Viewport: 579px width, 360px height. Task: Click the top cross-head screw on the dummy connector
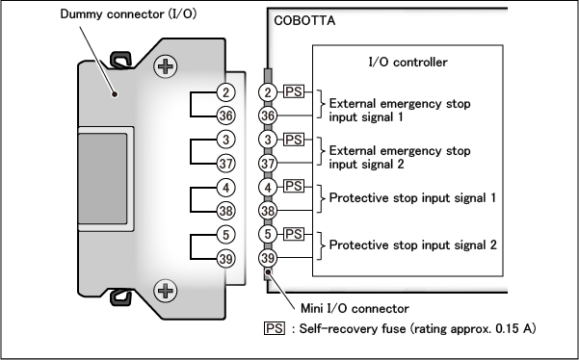point(165,66)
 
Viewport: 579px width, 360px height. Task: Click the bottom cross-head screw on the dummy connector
point(165,291)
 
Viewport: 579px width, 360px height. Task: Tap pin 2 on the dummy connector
point(226,91)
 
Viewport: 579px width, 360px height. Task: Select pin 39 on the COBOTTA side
point(268,258)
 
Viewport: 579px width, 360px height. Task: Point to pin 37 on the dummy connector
point(226,164)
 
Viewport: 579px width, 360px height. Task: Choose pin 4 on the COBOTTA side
point(268,187)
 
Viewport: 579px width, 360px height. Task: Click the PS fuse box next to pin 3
point(294,140)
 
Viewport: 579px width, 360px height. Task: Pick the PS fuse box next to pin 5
point(294,234)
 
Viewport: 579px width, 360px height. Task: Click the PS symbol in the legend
point(275,328)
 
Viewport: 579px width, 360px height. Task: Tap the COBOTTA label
point(304,20)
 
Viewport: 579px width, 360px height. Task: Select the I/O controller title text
point(408,62)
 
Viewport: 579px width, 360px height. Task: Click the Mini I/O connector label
point(355,308)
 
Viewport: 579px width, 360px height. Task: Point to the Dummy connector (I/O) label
point(128,14)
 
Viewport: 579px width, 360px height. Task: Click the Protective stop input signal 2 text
point(413,244)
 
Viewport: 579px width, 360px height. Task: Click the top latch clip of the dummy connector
point(120,60)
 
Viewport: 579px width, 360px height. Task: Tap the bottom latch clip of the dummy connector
point(120,297)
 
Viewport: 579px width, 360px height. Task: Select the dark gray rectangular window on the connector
point(103,178)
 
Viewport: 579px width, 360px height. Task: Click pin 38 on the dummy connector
point(226,211)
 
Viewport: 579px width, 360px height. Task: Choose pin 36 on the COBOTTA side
point(268,116)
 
